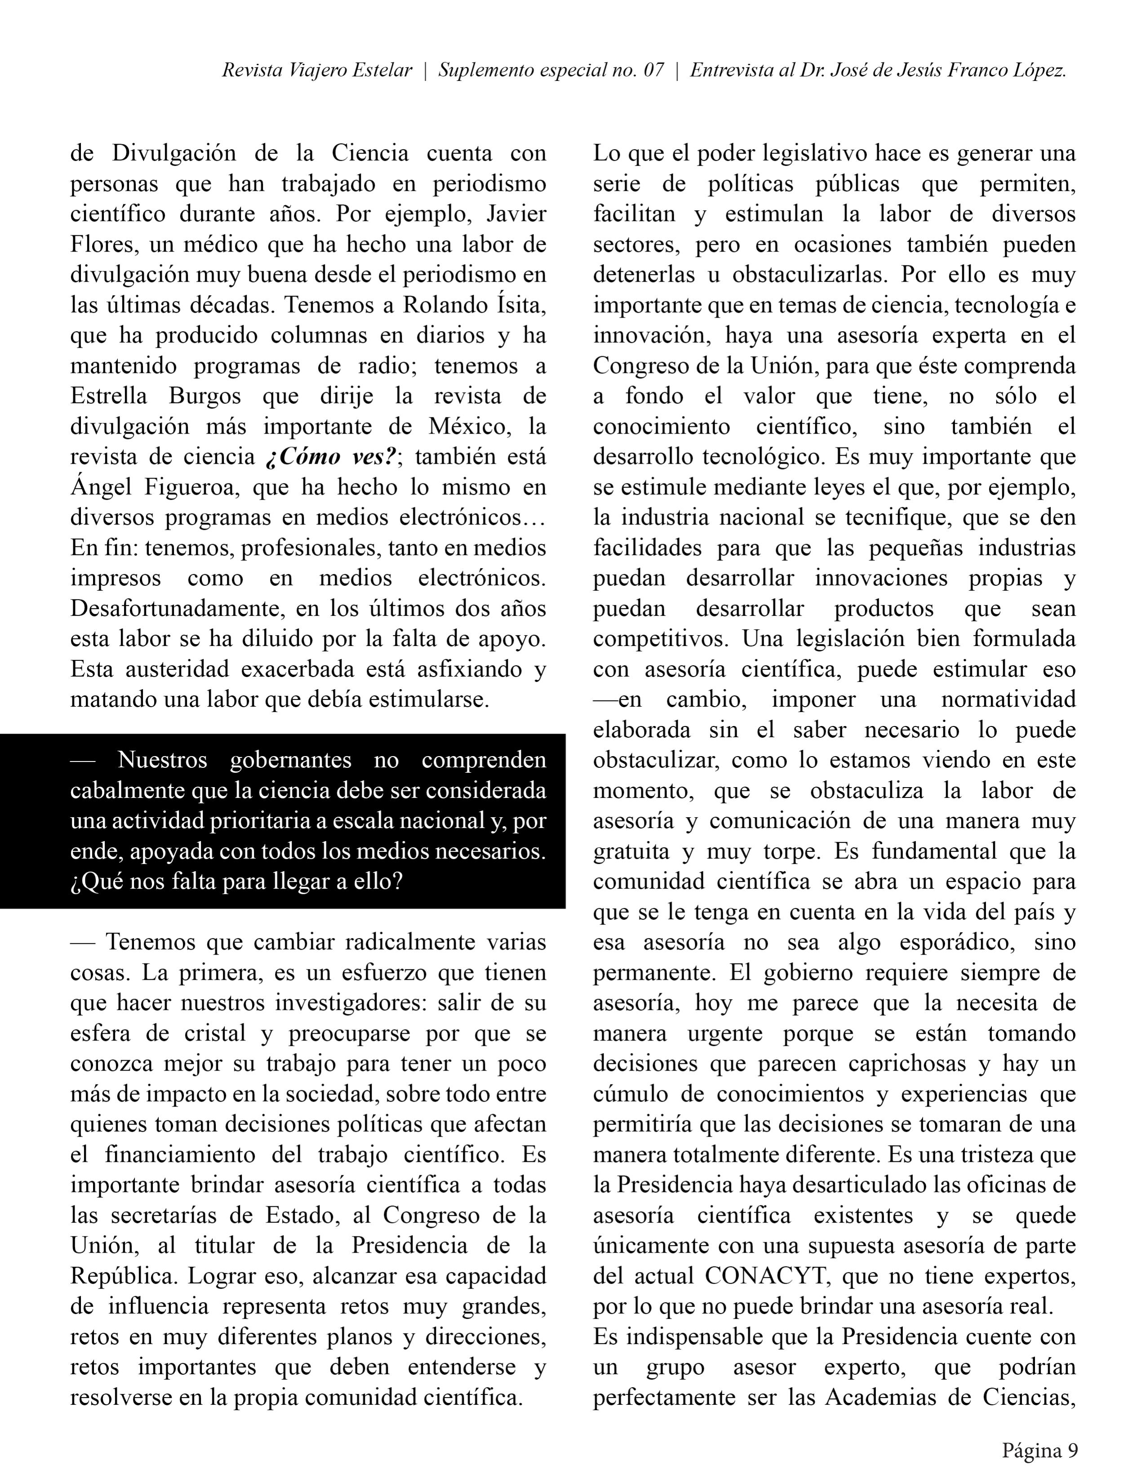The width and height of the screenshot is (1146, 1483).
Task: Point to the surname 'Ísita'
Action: coord(518,305)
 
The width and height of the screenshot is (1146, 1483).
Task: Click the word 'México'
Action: coord(469,426)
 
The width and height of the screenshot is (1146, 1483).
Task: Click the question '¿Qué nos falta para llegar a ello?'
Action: coord(236,881)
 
